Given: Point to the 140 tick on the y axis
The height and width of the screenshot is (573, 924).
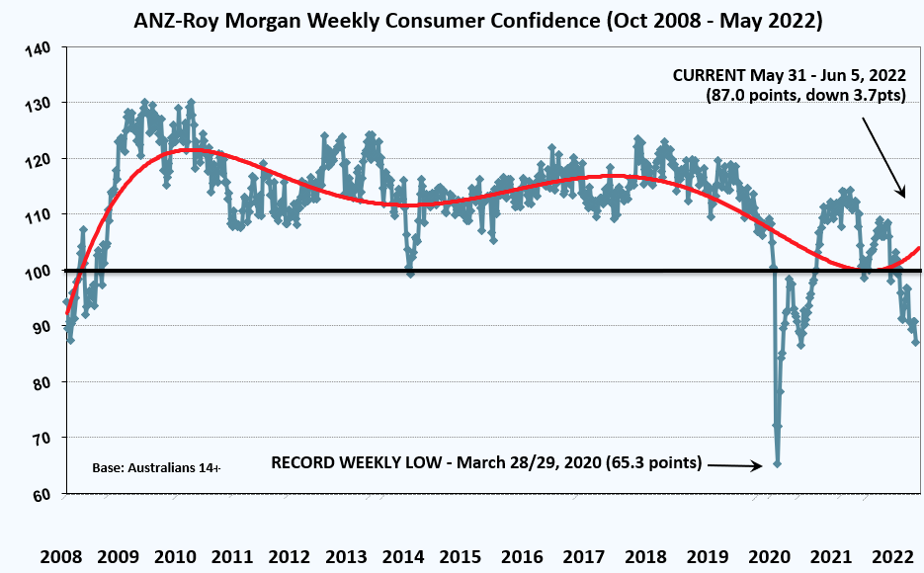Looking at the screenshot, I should click(36, 48).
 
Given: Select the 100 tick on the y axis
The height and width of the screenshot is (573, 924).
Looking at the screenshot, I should click(36, 271).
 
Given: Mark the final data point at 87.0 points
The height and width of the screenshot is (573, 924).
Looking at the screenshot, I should click(916, 342).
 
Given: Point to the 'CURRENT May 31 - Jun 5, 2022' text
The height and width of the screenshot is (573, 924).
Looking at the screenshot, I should click(789, 75).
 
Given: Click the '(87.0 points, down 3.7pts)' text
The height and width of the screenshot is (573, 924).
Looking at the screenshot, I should click(805, 95).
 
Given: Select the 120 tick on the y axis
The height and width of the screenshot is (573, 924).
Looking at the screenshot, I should click(36, 159).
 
